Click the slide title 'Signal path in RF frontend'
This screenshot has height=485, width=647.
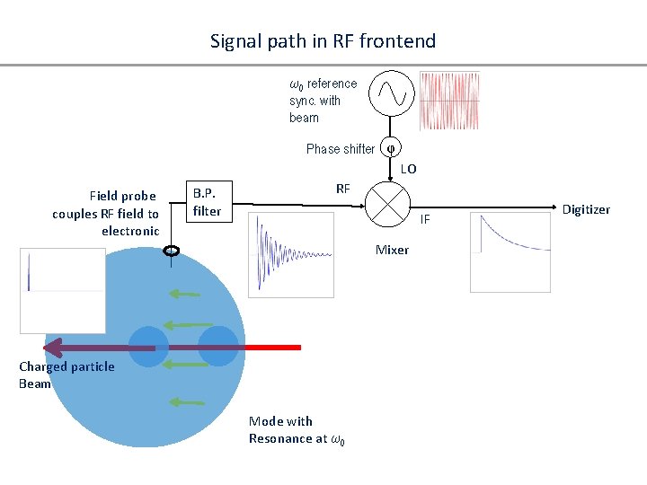323,41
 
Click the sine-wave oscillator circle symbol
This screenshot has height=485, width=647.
392,92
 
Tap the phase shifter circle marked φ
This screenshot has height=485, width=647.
391,149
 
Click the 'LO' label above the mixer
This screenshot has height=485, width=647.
408,169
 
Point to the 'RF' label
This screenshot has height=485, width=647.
343,189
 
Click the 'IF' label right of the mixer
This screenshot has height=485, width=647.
426,219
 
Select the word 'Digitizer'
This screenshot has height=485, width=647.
586,209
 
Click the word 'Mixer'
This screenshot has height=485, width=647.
392,250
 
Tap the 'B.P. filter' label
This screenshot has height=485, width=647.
207,202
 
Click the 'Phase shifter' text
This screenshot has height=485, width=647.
340,149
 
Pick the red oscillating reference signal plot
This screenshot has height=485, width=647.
449,101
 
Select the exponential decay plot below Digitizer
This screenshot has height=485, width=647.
510,252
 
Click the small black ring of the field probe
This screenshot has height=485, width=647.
171,251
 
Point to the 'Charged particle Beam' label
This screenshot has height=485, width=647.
66,375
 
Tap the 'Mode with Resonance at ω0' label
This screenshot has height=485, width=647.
297,430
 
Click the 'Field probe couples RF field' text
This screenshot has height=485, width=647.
106,214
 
